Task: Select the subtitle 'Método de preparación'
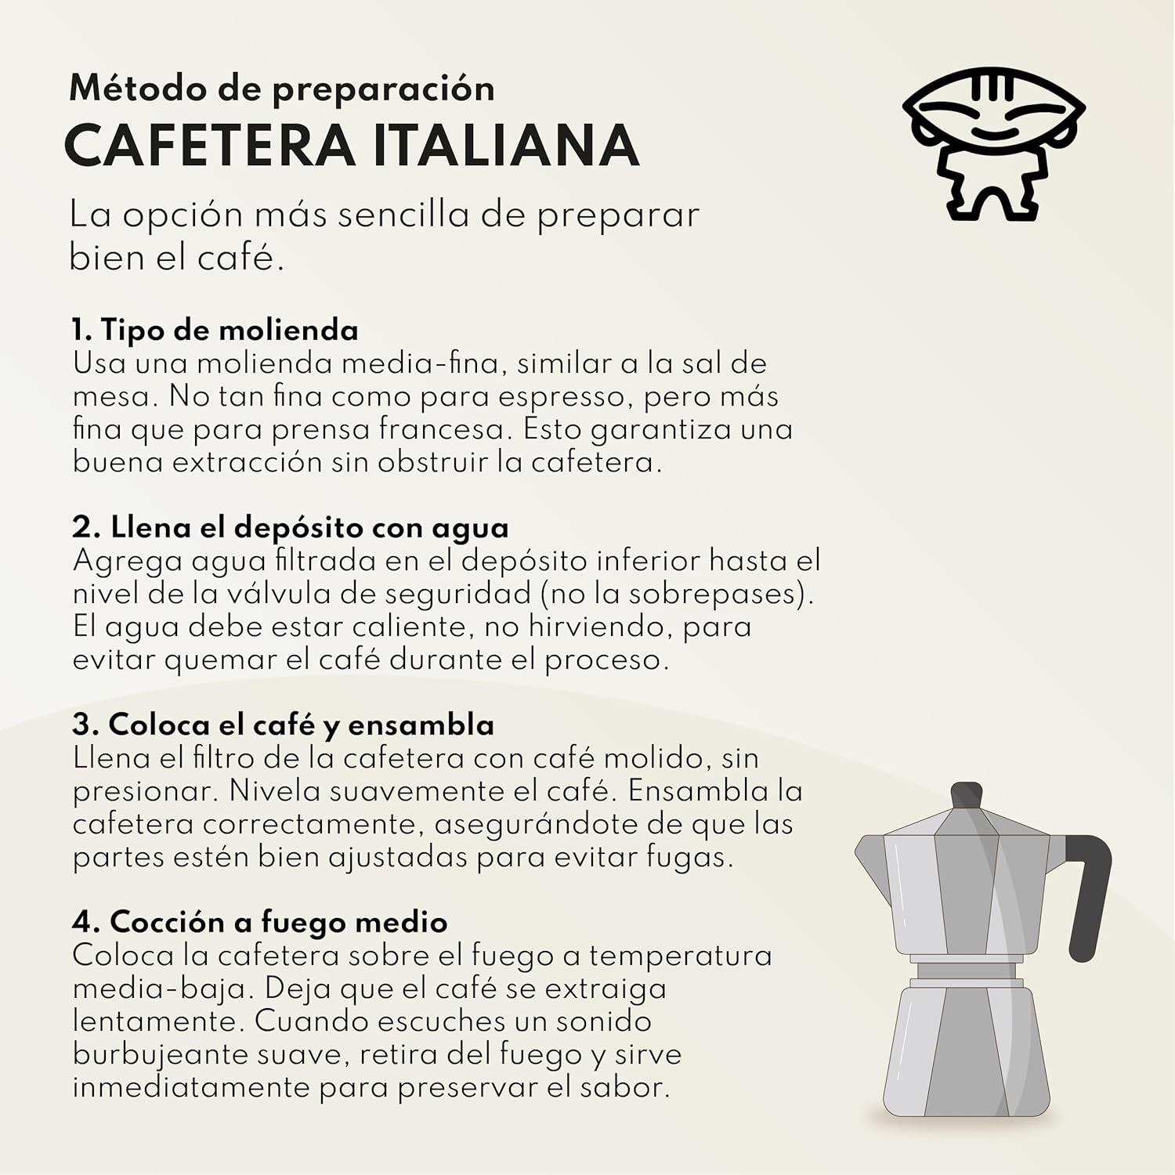tap(282, 89)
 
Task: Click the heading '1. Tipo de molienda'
tap(215, 330)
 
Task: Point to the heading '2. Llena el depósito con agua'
tap(290, 527)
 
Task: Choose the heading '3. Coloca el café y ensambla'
tap(283, 725)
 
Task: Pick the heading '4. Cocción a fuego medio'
tap(259, 922)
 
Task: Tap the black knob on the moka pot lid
tap(967, 795)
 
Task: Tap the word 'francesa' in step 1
tap(438, 430)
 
